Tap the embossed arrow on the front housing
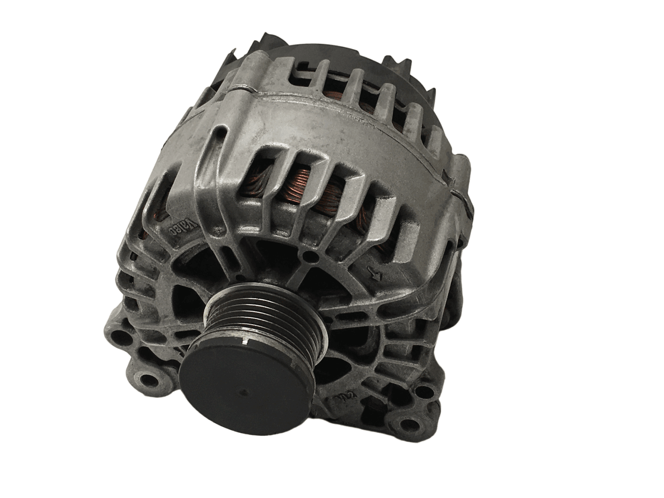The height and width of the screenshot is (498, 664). (x=370, y=273)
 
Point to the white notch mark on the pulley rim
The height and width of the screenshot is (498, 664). (x=244, y=343)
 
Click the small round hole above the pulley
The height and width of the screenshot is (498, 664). (x=310, y=256)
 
